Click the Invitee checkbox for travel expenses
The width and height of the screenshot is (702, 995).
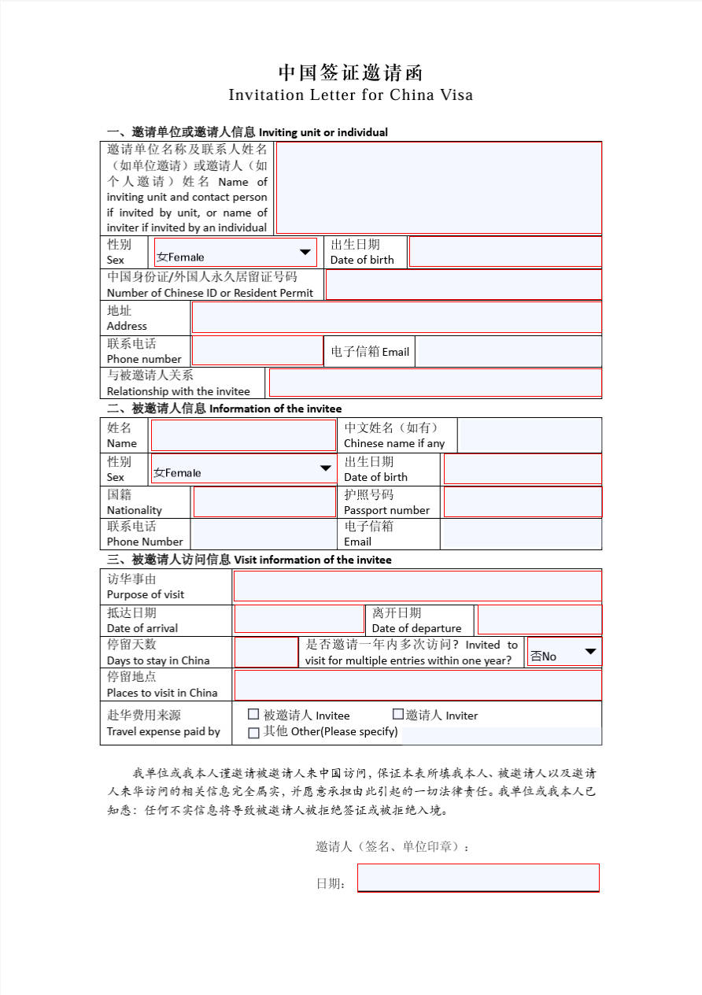pos(253,715)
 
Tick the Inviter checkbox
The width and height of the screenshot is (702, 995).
pos(398,715)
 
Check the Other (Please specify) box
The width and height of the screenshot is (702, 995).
pos(253,733)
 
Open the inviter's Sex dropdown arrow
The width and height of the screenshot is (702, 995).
pos(305,253)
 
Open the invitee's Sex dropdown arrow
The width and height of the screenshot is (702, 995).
pos(326,469)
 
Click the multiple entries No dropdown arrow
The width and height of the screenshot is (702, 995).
pos(590,653)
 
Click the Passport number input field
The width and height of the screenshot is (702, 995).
pos(523,502)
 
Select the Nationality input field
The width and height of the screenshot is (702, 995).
pos(264,502)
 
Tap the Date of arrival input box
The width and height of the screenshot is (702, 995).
pos(299,620)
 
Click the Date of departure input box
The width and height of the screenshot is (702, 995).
pos(539,620)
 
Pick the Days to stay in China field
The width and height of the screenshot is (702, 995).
pos(266,653)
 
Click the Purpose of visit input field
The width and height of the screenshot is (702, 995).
pos(417,586)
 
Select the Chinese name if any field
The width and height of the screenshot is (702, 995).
pos(529,435)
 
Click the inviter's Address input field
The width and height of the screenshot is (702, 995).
pos(397,317)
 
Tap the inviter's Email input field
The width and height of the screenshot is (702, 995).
pos(508,351)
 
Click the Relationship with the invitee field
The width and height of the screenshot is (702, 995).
pos(434,383)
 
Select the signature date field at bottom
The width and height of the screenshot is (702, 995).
pos(478,878)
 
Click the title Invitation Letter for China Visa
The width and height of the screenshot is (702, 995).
pos(351,95)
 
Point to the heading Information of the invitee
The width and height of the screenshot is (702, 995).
pos(275,409)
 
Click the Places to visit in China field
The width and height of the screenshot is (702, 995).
pos(417,685)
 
